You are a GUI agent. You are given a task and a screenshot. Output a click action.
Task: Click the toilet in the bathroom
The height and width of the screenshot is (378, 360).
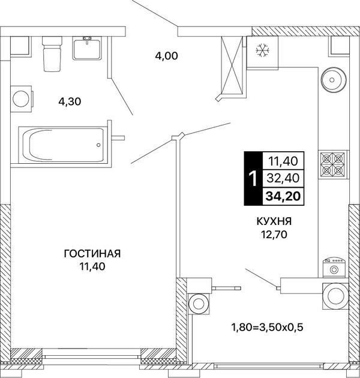point(52,53)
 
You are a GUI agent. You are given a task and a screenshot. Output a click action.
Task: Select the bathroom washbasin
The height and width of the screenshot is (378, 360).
point(87,48)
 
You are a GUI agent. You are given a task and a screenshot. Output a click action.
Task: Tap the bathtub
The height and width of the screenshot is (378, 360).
point(62,145)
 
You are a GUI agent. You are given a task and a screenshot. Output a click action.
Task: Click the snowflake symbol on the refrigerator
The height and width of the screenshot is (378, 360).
point(262,50)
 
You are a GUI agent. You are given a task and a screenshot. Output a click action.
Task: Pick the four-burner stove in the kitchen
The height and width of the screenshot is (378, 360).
point(332,164)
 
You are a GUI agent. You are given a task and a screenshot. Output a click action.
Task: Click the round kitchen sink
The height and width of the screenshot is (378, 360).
point(334,80)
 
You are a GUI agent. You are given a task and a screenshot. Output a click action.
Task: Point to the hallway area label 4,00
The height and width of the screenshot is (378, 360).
point(166,56)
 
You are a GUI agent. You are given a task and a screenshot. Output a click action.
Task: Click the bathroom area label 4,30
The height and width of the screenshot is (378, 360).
point(70,101)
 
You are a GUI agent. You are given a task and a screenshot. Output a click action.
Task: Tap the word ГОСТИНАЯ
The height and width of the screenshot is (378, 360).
point(92,254)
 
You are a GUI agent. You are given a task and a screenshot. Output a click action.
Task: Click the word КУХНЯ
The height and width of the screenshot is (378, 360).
point(274,221)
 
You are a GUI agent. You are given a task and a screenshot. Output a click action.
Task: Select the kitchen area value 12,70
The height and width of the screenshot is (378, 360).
point(274,235)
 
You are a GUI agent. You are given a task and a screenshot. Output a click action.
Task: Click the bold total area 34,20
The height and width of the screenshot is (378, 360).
point(283,196)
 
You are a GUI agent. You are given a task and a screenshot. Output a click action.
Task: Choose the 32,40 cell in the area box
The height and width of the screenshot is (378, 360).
point(283,178)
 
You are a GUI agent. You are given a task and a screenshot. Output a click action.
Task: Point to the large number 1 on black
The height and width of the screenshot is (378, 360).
point(253,179)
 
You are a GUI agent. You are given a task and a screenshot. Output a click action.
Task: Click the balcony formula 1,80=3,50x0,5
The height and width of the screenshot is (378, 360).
point(267,328)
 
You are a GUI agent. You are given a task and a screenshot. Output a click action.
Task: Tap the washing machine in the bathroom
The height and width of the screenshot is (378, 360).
point(21,99)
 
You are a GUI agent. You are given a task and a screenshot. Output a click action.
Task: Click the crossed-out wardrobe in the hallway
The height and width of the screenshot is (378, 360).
point(232,65)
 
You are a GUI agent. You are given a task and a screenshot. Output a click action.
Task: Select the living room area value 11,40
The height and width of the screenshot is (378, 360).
point(92,266)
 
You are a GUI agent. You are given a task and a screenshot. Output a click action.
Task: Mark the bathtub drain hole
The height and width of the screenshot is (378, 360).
point(98,145)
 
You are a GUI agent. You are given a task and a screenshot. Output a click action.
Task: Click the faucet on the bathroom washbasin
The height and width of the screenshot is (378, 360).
point(87,40)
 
